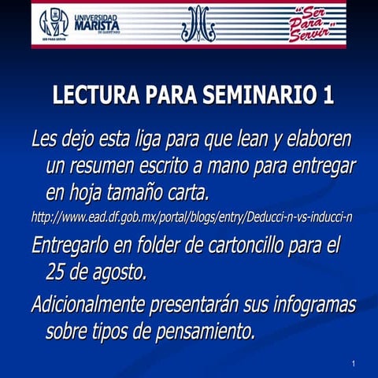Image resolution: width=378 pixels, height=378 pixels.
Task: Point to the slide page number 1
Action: coord(355,363)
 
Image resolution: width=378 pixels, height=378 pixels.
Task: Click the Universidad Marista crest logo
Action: coord(54,25)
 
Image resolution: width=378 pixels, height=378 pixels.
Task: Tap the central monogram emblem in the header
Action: coord(198,24)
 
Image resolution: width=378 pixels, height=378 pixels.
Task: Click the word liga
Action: coord(157,141)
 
